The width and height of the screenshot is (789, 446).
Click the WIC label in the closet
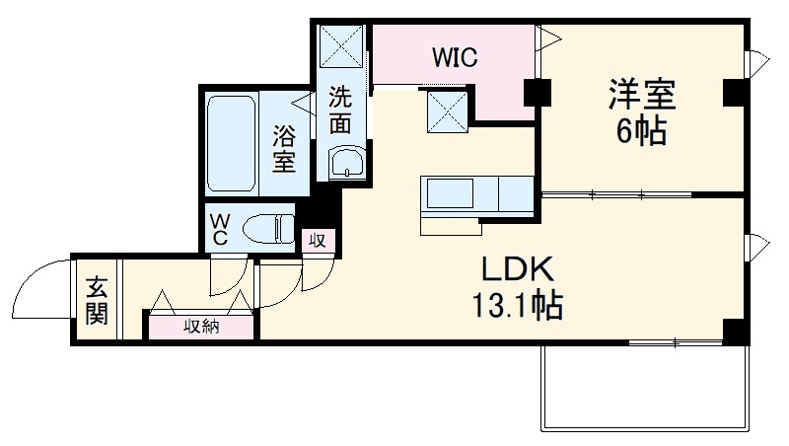pyautogui.click(x=454, y=58)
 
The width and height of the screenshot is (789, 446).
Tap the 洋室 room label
pyautogui.click(x=640, y=96)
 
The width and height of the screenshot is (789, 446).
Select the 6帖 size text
pyautogui.click(x=640, y=131)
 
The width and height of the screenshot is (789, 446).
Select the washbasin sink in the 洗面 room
pyautogui.click(x=346, y=163)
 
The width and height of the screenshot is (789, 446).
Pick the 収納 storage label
pyautogui.click(x=202, y=327)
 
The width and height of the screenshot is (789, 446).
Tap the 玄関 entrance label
pyautogui.click(x=97, y=302)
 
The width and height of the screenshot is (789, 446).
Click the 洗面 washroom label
pyautogui.click(x=339, y=111)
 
